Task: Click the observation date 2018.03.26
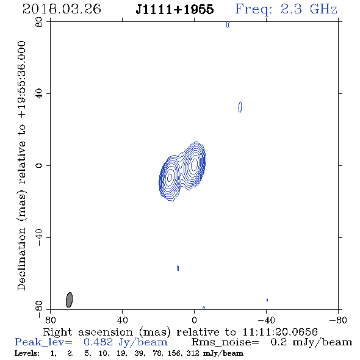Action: [x=62, y=9]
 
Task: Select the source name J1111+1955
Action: [x=175, y=9]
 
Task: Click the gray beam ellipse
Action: [x=69, y=300]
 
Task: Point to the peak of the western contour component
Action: [x=194, y=164]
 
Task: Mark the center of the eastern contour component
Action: [x=170, y=177]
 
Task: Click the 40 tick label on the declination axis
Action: [x=39, y=94]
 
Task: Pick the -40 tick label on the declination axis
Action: [x=39, y=237]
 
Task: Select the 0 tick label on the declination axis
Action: [x=39, y=165]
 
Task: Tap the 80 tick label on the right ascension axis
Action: [x=50, y=320]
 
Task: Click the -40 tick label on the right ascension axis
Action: [x=266, y=320]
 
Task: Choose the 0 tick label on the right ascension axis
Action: [x=194, y=320]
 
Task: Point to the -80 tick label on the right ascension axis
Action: [x=338, y=320]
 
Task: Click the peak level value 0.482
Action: [x=98, y=342]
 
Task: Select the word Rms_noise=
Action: [x=225, y=342]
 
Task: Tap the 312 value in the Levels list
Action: [x=192, y=353]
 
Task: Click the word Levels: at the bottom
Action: [x=27, y=353]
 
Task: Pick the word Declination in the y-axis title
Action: [x=21, y=259]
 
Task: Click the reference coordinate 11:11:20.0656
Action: [x=280, y=332]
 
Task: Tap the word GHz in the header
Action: [x=323, y=9]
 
